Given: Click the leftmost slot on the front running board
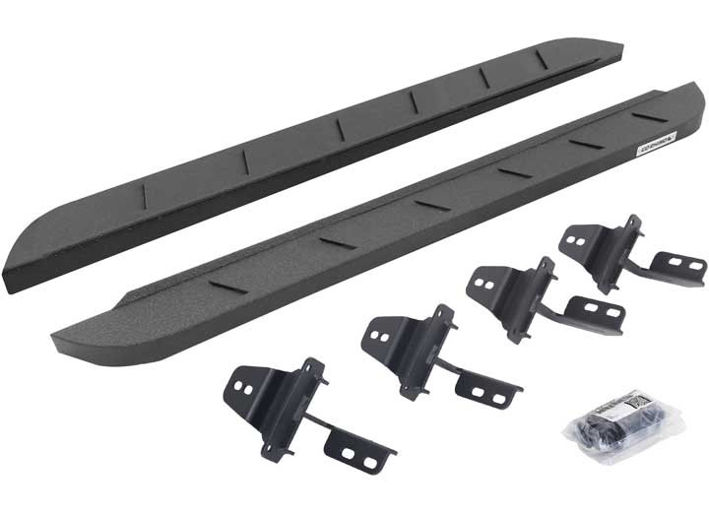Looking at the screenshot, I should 228,286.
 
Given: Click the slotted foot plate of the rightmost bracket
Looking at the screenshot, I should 679,266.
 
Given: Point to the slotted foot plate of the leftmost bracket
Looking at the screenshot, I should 360,452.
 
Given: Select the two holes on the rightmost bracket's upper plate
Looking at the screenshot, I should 580,237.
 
